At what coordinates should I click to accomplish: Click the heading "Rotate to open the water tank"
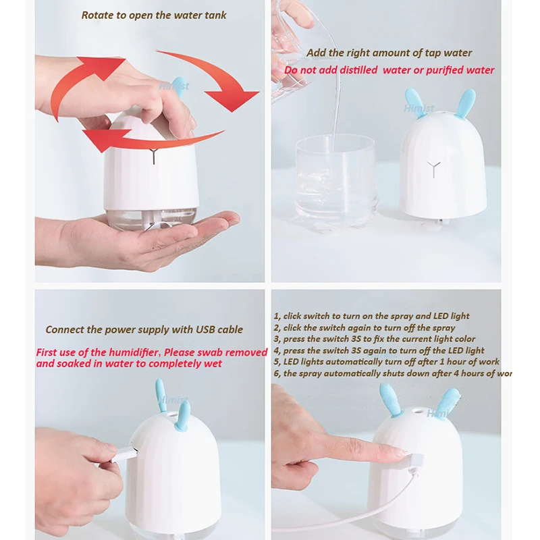pyautogui.click(x=154, y=15)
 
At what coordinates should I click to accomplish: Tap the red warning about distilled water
pyautogui.click(x=389, y=70)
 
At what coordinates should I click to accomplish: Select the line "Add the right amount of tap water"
pyautogui.click(x=389, y=53)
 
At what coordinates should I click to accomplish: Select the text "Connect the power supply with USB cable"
pyautogui.click(x=144, y=329)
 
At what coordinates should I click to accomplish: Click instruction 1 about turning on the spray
pyautogui.click(x=371, y=316)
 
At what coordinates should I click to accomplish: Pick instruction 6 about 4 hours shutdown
pyautogui.click(x=392, y=373)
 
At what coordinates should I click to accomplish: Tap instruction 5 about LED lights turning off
pyautogui.click(x=386, y=362)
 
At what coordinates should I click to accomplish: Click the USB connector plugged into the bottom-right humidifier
pyautogui.click(x=414, y=461)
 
